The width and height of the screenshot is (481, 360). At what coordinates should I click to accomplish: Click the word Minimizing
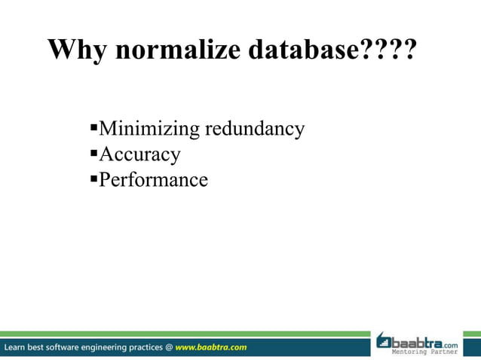(x=143, y=130)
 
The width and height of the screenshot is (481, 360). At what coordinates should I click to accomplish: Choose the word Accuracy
(x=139, y=154)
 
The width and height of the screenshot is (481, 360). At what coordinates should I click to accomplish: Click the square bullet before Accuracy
(x=93, y=154)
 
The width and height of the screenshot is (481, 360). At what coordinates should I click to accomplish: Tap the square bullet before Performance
(x=93, y=180)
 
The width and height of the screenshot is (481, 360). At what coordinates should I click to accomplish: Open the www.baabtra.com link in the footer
(x=211, y=347)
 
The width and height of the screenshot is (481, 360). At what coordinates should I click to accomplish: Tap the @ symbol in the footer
(x=168, y=347)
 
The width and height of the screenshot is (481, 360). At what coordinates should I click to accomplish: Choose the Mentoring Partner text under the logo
(x=424, y=352)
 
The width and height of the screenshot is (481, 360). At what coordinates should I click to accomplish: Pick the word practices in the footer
(x=146, y=347)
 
